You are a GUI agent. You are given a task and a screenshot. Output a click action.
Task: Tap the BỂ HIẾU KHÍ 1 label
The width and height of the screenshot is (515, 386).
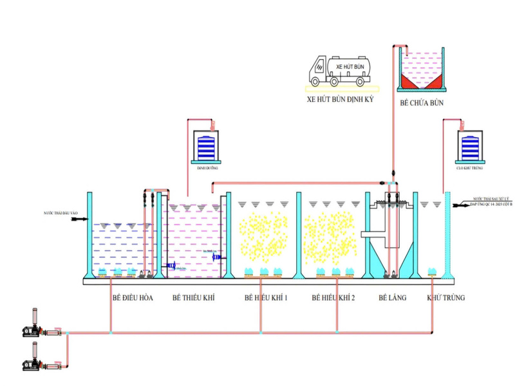tap(266, 298)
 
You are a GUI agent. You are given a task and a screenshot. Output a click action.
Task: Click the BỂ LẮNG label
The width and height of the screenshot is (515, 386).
tap(391, 298)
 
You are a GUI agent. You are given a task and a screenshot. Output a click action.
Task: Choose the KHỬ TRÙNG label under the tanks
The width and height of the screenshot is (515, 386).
tap(446, 298)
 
